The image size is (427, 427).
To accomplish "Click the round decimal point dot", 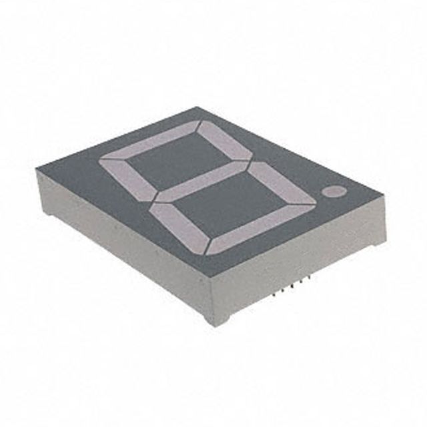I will [333, 192].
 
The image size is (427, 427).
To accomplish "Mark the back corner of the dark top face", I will [198, 108].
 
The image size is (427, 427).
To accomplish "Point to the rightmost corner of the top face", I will [385, 199].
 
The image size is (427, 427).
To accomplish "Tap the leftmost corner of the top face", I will [37, 171].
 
